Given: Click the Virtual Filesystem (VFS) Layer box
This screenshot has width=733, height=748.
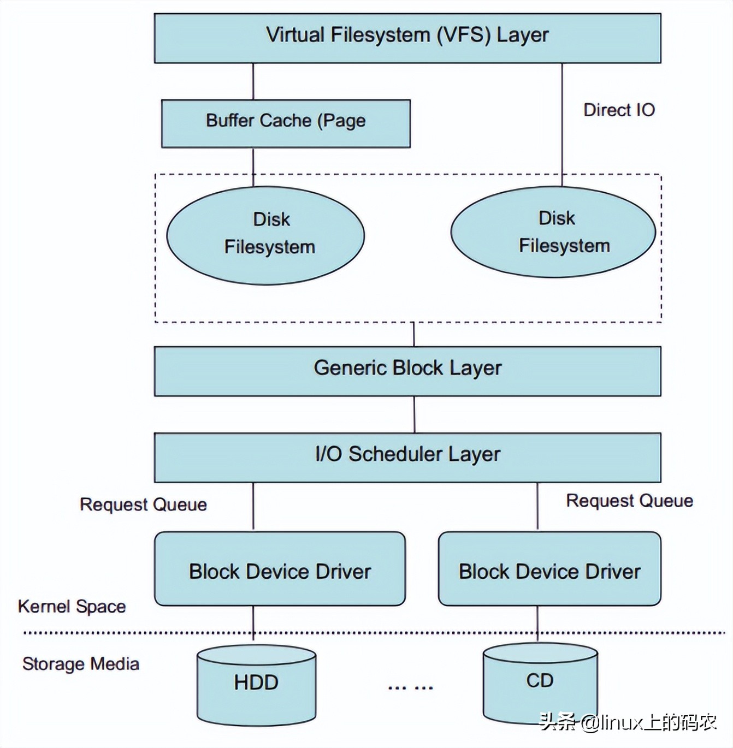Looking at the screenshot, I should [407, 38].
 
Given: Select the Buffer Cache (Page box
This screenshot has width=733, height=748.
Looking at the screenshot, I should [286, 123].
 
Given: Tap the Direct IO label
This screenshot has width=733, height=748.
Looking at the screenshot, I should [619, 110].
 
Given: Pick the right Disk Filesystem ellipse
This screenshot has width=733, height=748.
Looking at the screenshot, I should [553, 233].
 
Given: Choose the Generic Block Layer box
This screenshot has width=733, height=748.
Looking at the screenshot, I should [407, 371].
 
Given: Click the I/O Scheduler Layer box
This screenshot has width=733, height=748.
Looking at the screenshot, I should [407, 457].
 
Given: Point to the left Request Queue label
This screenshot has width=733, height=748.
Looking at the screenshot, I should [143, 504].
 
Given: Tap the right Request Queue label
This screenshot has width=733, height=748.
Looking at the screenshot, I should [629, 501].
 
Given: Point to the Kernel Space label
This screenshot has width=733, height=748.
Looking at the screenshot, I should [72, 606].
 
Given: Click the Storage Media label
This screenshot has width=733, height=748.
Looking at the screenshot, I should [81, 664].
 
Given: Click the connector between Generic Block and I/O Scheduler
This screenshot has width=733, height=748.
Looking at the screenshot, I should [414, 414].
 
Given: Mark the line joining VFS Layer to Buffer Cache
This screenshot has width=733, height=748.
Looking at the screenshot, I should [253, 81].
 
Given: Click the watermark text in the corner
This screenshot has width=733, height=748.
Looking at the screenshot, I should [628, 722].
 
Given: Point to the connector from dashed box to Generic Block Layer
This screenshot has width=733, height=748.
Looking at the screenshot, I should [413, 334].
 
